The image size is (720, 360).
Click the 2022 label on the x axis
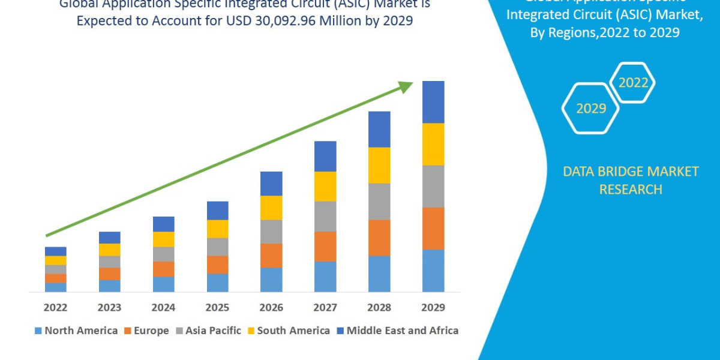click(x=55, y=308)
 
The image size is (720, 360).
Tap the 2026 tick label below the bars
click(x=271, y=308)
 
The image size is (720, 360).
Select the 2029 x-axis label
click(x=433, y=308)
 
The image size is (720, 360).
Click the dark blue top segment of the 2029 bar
click(x=433, y=102)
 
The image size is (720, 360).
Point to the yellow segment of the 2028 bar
click(x=379, y=165)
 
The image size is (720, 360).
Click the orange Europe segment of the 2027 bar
click(x=325, y=246)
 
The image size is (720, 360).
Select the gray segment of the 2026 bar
click(x=271, y=231)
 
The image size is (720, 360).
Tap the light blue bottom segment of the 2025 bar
click(x=217, y=283)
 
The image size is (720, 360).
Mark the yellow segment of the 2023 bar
click(x=109, y=250)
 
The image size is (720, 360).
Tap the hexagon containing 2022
click(x=632, y=83)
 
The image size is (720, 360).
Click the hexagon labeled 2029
click(x=590, y=109)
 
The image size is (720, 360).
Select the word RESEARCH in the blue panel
click(x=630, y=190)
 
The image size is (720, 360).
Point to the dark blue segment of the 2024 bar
click(x=163, y=224)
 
